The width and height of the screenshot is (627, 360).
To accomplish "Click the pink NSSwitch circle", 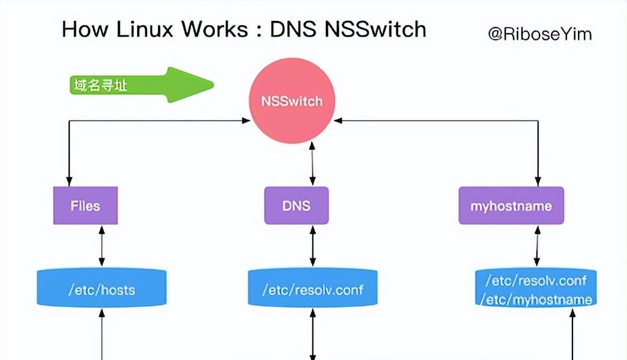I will coord(291,102).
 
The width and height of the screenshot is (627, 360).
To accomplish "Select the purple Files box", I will coord(85,206).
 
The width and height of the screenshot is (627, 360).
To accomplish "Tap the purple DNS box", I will coord(296,206).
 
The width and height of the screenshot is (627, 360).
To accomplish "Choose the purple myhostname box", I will coord(511,206).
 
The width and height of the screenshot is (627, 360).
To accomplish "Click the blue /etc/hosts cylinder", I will coord(102,289).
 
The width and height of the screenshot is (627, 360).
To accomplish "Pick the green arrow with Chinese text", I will coord(140,86).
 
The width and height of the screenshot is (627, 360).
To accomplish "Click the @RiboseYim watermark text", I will coord(539,34).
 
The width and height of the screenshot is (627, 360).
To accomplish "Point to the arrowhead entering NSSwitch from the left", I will coord(247,121).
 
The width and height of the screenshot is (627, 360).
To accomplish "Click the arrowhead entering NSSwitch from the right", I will coord(338,121).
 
